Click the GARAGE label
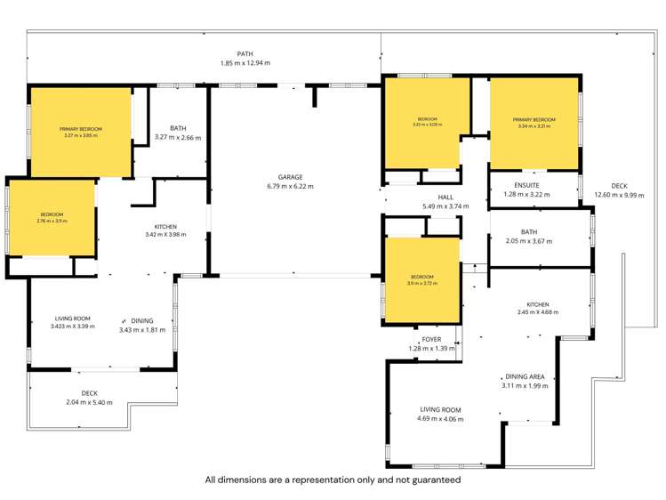pos(290,177)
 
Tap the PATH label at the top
pos(245,54)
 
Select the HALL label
pos(445,198)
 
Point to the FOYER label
pos(431,339)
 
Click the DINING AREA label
pos(526,376)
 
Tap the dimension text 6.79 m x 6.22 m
pos(290,187)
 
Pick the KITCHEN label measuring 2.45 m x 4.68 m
pos(538,304)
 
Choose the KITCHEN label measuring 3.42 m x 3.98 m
pos(166,226)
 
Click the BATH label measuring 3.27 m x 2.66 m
pos(178,128)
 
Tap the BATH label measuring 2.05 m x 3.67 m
pos(529,232)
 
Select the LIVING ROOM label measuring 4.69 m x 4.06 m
pos(441,409)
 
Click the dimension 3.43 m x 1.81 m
pos(142,330)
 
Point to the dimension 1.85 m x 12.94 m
pos(245,63)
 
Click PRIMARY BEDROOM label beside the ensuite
pos(534,119)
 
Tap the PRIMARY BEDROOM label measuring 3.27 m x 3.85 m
pos(81,129)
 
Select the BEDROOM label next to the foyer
pos(421,277)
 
